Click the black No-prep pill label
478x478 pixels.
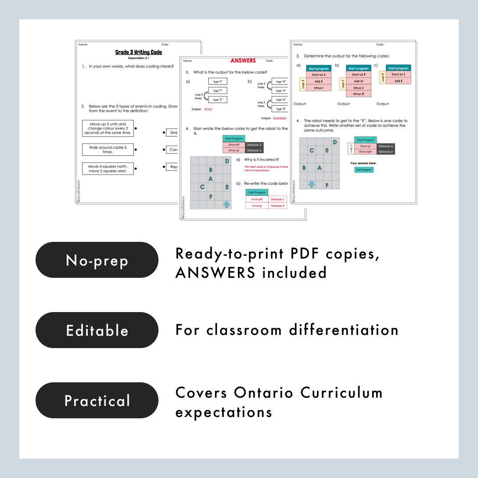pyautogui.click(x=97, y=260)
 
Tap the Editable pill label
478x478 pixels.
pyautogui.click(x=97, y=330)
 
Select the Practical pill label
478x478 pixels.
pyautogui.click(x=97, y=400)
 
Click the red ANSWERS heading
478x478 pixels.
pyautogui.click(x=243, y=61)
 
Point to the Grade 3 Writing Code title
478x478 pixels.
pyautogui.click(x=139, y=52)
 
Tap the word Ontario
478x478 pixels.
pyautogui.click(x=263, y=392)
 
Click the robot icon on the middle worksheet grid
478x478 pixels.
pyautogui.click(x=226, y=204)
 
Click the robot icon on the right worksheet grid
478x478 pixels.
pyautogui.click(x=312, y=184)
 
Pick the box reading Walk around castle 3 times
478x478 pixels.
pyautogui.click(x=108, y=150)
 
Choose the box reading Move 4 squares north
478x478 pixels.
pyautogui.click(x=108, y=169)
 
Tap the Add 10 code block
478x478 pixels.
pyautogui.click(x=359, y=81)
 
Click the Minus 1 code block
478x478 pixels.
pyautogui.click(x=318, y=88)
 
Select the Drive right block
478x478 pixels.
pyautogui.click(x=365, y=152)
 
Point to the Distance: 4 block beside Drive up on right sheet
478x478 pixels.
pyautogui.click(x=386, y=146)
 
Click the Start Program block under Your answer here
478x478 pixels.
pyautogui.click(x=364, y=170)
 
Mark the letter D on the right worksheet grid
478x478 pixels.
pyautogui.click(x=335, y=142)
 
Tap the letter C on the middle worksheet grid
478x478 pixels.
pyautogui.click(x=202, y=187)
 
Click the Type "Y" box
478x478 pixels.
pyautogui.click(x=217, y=82)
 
